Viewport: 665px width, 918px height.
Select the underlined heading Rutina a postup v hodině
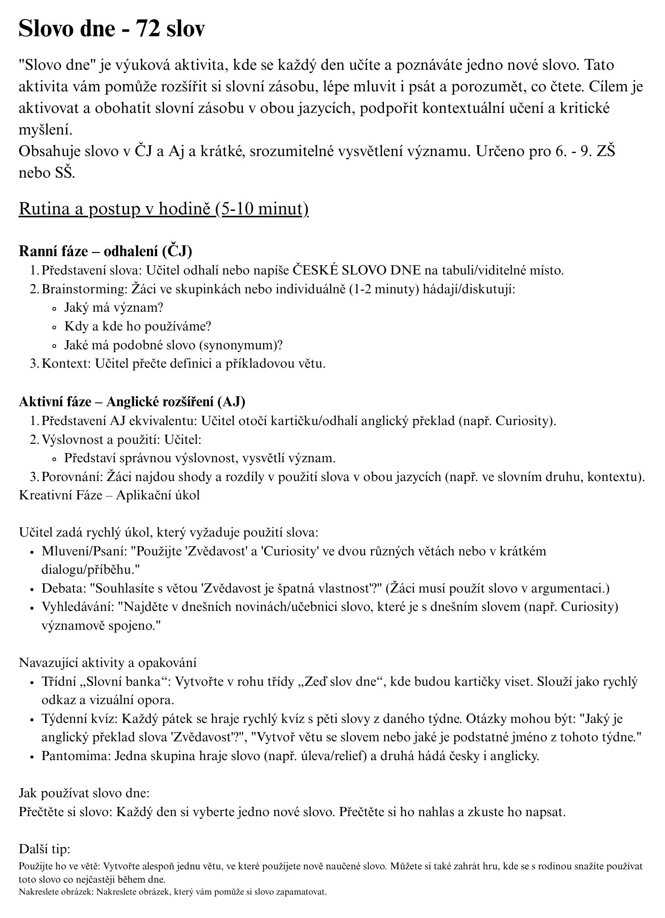click(163, 209)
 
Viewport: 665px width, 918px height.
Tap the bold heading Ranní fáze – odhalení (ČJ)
click(105, 251)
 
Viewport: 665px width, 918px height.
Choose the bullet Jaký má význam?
click(114, 308)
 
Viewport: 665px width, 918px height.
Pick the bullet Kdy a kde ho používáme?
click(138, 326)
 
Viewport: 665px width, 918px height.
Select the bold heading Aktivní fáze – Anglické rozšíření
click(132, 402)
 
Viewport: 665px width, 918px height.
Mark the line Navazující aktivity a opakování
click(108, 663)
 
